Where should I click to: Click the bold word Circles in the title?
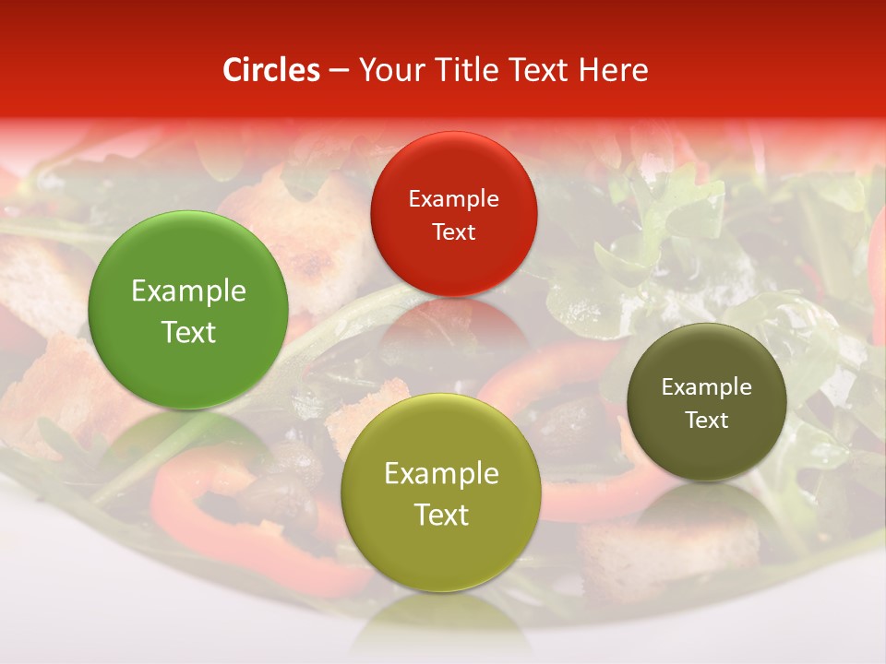pyautogui.click(x=271, y=70)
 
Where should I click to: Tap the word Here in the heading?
pyautogui.click(x=613, y=70)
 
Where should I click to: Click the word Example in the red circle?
pyautogui.click(x=453, y=199)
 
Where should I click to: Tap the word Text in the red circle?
pyautogui.click(x=453, y=232)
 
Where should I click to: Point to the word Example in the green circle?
pyautogui.click(x=188, y=291)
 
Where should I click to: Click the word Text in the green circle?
pyautogui.click(x=188, y=332)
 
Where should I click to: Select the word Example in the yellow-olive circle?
pyautogui.click(x=440, y=474)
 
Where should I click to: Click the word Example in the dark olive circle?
pyautogui.click(x=706, y=387)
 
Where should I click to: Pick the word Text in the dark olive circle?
pyautogui.click(x=706, y=421)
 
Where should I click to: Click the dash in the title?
pyautogui.click(x=339, y=70)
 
